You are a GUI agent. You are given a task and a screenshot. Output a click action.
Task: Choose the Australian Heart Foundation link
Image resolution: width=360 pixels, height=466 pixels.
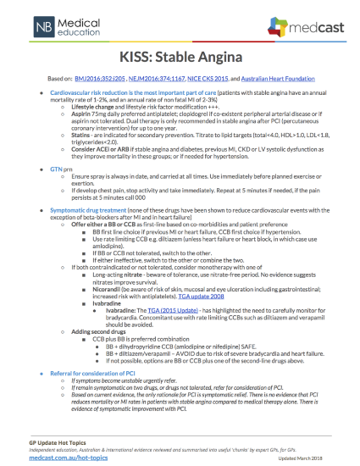point(287,76)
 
